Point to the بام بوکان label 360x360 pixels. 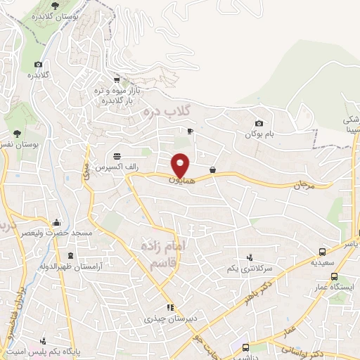258,134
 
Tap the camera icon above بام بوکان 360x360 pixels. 259,123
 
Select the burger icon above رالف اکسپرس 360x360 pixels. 115,156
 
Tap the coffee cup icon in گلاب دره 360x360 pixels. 190,131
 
